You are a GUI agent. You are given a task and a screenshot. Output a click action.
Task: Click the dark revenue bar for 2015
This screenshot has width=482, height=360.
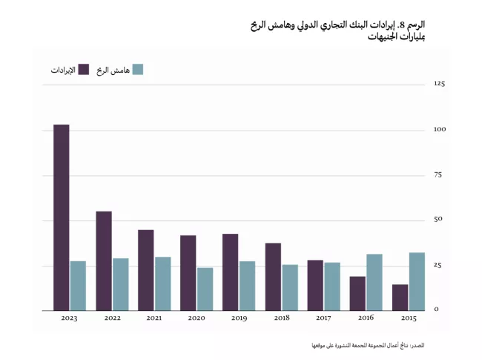(x=400, y=297)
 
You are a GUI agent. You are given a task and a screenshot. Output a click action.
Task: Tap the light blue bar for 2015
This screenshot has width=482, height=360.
(x=417, y=281)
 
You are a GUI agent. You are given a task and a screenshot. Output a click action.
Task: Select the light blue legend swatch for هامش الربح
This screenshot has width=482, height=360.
(x=136, y=69)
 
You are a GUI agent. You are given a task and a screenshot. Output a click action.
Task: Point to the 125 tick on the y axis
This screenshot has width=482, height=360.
(x=439, y=84)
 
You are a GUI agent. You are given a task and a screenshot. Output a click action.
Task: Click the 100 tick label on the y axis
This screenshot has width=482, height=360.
(x=439, y=130)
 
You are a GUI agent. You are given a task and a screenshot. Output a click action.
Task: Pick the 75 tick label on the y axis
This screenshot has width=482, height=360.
(x=438, y=175)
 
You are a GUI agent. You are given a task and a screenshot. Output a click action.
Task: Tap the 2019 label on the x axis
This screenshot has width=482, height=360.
(x=239, y=318)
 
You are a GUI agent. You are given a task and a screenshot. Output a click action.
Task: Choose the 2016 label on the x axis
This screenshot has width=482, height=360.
(x=366, y=318)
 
